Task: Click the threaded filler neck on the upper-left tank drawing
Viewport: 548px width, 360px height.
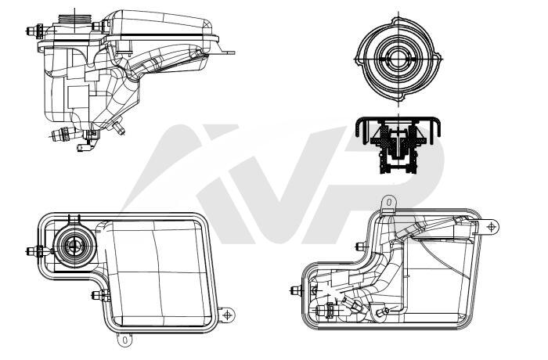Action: coord(74,19)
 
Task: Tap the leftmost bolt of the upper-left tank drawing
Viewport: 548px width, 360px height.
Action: coord(34,31)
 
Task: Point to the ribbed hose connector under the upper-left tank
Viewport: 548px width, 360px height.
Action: coord(62,135)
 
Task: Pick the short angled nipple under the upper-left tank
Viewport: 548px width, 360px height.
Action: coord(119,128)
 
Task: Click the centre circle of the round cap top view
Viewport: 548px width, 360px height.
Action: coord(398,59)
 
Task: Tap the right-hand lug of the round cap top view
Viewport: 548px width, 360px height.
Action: coord(438,59)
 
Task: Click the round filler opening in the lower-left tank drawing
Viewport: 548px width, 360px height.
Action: coord(74,245)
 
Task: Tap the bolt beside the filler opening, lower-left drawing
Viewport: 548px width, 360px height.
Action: coord(35,251)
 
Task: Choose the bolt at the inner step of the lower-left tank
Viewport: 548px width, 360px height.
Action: coord(101,295)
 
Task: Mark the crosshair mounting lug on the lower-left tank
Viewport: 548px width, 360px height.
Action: coord(227,315)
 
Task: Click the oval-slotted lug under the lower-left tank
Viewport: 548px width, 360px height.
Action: coord(124,339)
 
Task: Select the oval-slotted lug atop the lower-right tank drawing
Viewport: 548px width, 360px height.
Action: coord(388,203)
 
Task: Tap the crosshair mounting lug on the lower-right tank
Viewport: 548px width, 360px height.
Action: coord(492,227)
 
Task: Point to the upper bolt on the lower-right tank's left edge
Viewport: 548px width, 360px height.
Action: coord(361,247)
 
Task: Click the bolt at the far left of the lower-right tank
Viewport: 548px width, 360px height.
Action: coord(297,290)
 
